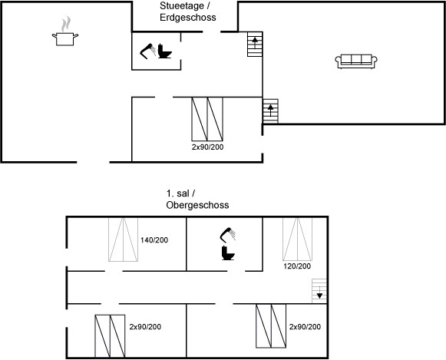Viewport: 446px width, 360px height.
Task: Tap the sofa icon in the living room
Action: point(356,61)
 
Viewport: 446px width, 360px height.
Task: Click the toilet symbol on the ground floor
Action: point(165,51)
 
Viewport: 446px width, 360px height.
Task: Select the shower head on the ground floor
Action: point(148,51)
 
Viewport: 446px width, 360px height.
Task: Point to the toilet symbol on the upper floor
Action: point(228,253)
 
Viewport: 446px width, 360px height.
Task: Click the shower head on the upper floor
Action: point(228,235)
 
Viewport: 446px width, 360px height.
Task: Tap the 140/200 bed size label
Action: point(154,240)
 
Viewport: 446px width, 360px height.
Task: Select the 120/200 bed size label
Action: point(297,266)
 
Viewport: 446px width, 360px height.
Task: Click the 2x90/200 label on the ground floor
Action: point(207,147)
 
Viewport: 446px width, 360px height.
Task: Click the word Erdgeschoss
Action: point(188,18)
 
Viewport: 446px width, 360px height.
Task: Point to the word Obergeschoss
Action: point(197,205)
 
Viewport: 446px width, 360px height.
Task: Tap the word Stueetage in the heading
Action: point(182,5)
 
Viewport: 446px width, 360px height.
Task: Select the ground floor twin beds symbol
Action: point(207,119)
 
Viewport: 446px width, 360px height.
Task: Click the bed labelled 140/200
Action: point(123,239)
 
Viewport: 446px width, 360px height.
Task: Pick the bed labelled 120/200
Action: point(297,239)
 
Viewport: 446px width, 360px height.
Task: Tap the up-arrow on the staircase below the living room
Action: point(270,111)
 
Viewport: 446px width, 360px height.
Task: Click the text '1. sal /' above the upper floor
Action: point(180,193)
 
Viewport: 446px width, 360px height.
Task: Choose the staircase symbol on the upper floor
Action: point(319,291)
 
